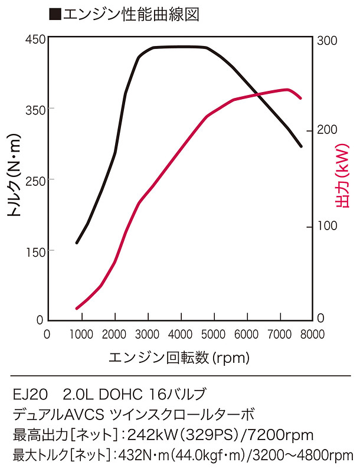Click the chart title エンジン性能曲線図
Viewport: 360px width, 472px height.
tap(131, 14)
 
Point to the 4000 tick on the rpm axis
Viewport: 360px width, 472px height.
tap(180, 333)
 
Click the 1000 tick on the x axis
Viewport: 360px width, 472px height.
tap(81, 333)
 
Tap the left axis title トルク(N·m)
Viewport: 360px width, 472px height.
tap(15, 180)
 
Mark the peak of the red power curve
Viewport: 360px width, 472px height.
tap(287, 90)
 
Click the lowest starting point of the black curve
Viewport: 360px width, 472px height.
tap(77, 242)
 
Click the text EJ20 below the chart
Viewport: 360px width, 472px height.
tap(28, 394)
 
